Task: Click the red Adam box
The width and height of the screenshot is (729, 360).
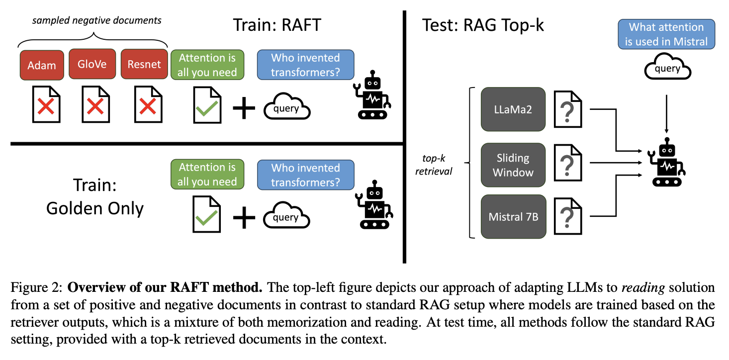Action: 42,65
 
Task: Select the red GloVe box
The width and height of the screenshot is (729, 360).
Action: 91,64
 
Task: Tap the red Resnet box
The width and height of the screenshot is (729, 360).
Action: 144,64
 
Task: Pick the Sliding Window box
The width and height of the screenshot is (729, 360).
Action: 512,166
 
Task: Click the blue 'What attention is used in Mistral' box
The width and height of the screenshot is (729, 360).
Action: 666,34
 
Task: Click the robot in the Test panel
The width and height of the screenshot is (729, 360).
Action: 666,162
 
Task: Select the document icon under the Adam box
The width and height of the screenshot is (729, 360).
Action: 47,104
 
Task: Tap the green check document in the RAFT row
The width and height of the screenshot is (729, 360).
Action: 207,104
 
